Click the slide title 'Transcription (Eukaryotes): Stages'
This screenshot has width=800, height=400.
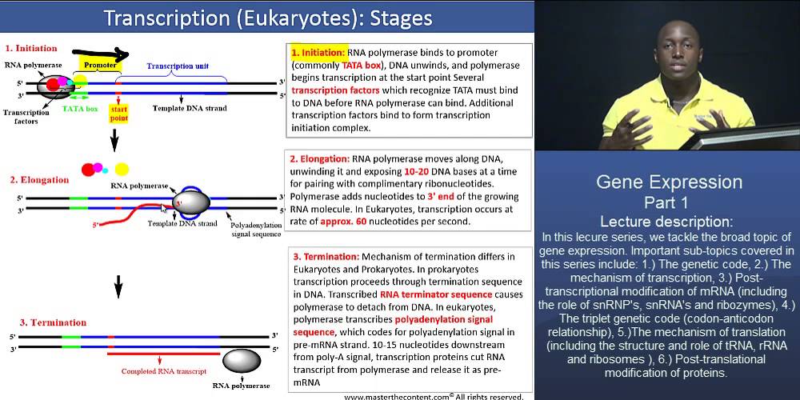tap(268, 18)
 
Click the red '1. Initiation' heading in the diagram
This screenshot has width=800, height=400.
tap(31, 48)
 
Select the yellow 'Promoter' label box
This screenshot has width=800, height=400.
tap(94, 61)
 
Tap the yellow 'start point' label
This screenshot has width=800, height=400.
tap(119, 114)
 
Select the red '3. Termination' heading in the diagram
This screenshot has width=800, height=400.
tap(38, 322)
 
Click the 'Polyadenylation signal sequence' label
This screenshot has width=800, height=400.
tap(255, 230)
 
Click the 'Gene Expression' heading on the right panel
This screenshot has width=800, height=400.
tap(669, 182)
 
